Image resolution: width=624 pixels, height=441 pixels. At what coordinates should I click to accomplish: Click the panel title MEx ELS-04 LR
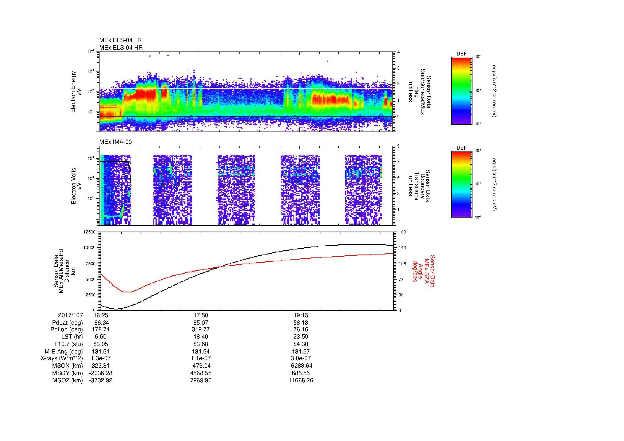pyautogui.click(x=120, y=41)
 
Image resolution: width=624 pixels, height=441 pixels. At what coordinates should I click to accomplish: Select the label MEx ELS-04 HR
pyautogui.click(x=121, y=47)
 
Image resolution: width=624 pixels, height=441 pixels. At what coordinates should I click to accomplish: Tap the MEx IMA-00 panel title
pyautogui.click(x=116, y=142)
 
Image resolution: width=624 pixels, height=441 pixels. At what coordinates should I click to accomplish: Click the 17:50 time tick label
pyautogui.click(x=201, y=315)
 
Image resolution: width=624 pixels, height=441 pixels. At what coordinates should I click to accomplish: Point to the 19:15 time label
pyautogui.click(x=301, y=315)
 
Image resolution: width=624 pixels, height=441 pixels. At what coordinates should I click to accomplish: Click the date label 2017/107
pyautogui.click(x=70, y=315)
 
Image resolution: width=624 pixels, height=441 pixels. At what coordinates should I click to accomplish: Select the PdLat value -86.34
pyautogui.click(x=101, y=323)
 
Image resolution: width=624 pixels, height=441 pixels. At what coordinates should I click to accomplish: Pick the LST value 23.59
pyautogui.click(x=301, y=337)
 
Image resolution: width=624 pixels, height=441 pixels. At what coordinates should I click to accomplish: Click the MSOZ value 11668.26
pyautogui.click(x=301, y=380)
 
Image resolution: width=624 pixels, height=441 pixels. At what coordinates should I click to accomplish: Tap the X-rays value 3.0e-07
pyautogui.click(x=301, y=358)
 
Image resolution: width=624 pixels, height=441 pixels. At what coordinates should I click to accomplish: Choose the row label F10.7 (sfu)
pyautogui.click(x=69, y=344)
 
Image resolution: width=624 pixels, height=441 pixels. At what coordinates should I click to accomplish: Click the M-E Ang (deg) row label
pyautogui.click(x=63, y=351)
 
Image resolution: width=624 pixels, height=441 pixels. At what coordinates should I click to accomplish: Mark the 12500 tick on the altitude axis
pyautogui.click(x=90, y=232)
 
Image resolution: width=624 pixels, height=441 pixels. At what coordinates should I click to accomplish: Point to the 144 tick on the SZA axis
pyautogui.click(x=402, y=248)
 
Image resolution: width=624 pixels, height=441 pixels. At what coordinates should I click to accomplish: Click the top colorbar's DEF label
pyautogui.click(x=461, y=54)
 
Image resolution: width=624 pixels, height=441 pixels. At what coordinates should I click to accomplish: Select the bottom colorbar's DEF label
pyautogui.click(x=461, y=148)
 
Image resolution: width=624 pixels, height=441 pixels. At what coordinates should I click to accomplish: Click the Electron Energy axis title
pyautogui.click(x=76, y=92)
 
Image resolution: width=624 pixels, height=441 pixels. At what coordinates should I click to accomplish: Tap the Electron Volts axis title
pyautogui.click(x=76, y=186)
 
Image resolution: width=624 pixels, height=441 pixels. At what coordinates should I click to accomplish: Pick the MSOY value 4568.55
pyautogui.click(x=201, y=373)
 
